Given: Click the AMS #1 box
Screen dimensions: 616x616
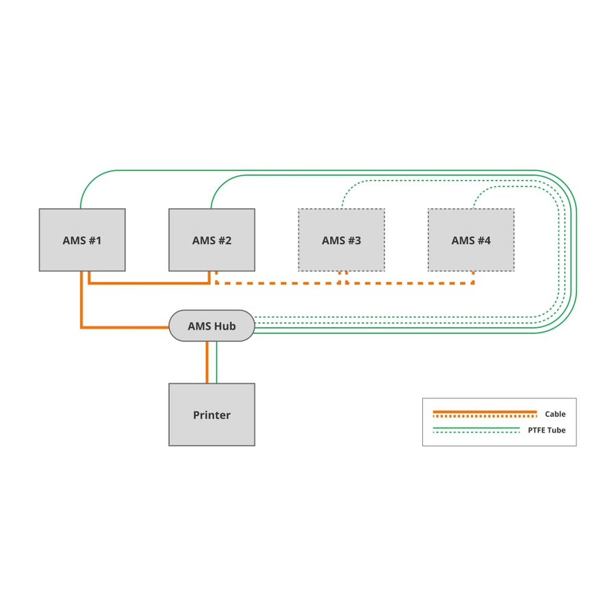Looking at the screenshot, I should tap(82, 240).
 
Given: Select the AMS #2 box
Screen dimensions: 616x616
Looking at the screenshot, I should tap(211, 240).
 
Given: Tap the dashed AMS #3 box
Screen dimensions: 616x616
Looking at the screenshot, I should tap(341, 240).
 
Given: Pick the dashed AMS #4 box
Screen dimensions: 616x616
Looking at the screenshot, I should tap(471, 240).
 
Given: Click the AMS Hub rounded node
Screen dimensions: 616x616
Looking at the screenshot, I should tap(211, 326).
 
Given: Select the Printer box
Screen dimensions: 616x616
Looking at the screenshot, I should tap(211, 415).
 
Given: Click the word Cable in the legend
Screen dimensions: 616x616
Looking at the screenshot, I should tap(555, 414).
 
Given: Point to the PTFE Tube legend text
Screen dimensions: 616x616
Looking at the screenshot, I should tap(546, 431).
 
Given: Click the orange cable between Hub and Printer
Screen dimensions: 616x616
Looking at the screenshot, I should tap(207, 362).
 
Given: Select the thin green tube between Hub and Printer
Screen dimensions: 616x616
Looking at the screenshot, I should tap(217, 362).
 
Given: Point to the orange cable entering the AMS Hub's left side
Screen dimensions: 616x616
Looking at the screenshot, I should tap(123, 327).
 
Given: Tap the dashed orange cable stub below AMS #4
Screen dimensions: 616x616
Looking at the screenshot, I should tap(474, 277).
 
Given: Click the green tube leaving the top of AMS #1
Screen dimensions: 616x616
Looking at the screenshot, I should tap(81, 198).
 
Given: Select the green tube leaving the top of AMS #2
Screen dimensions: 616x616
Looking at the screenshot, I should tap(212, 198).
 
